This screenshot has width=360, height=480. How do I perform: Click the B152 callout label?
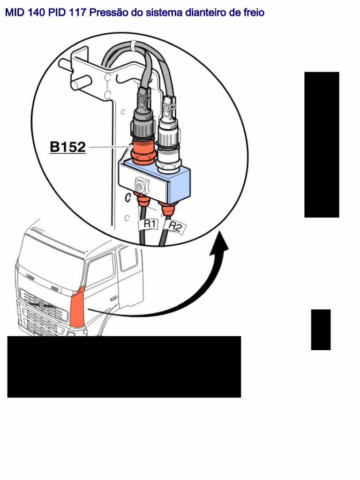[68, 148]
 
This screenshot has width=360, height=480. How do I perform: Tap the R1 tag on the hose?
[149, 225]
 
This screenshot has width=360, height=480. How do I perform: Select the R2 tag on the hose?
[175, 227]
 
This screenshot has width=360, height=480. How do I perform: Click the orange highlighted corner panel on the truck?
[77, 307]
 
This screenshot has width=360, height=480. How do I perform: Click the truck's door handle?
[113, 299]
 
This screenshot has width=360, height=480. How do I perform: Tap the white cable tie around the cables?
[134, 45]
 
